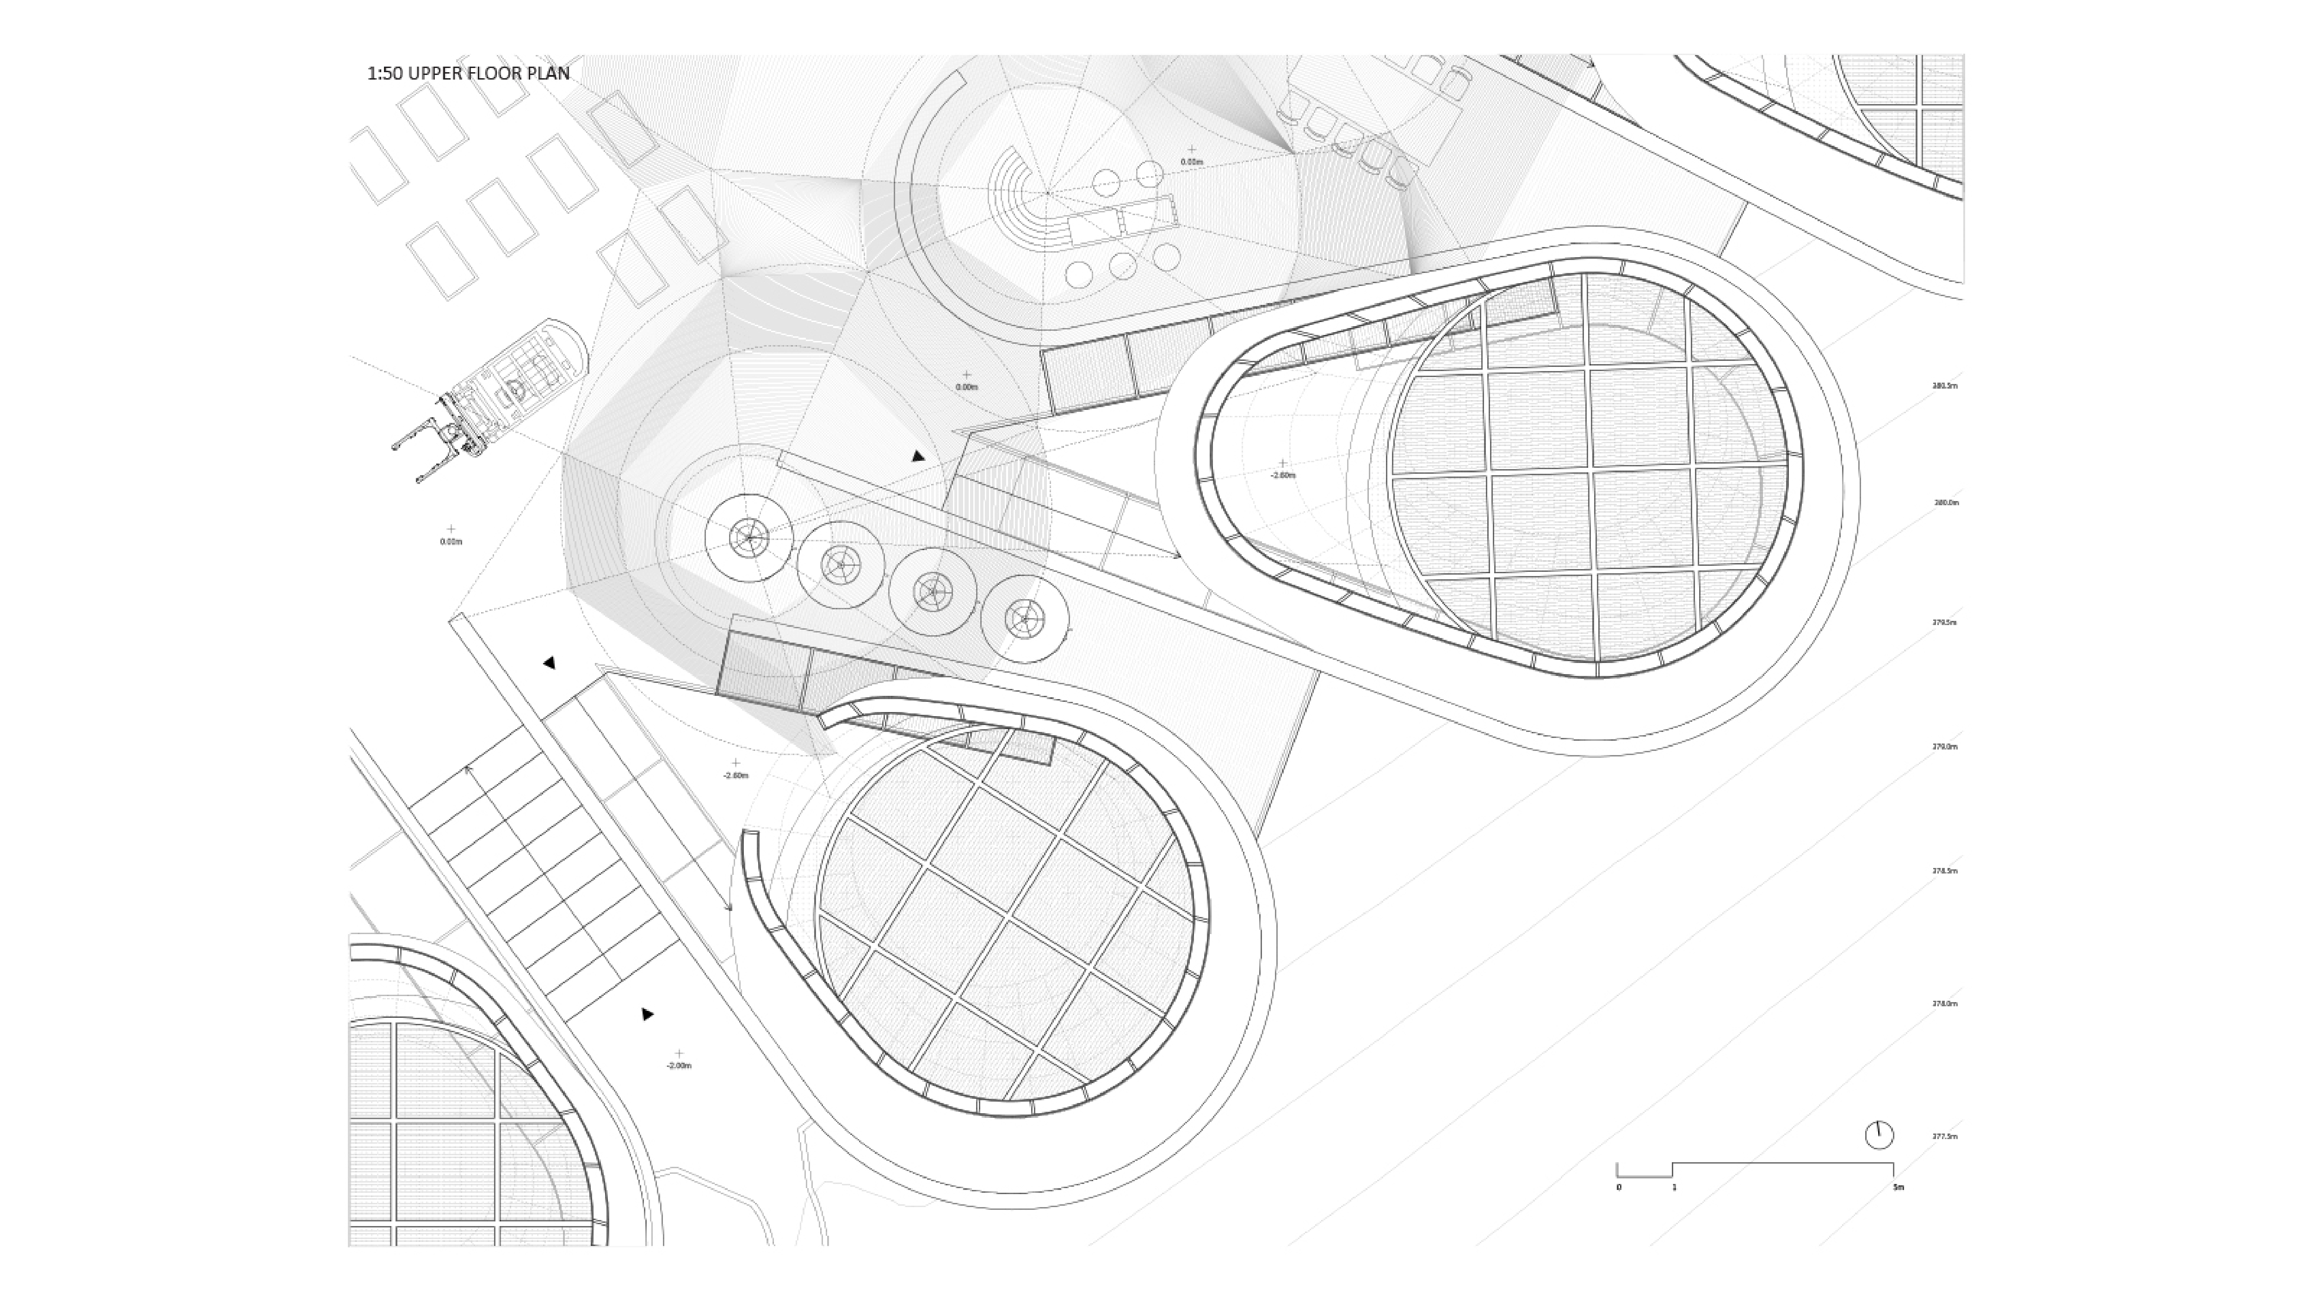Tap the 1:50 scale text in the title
pos(384,74)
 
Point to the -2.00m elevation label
pos(679,1066)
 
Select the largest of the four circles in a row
pos(749,538)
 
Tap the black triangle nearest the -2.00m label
pos(647,1015)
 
